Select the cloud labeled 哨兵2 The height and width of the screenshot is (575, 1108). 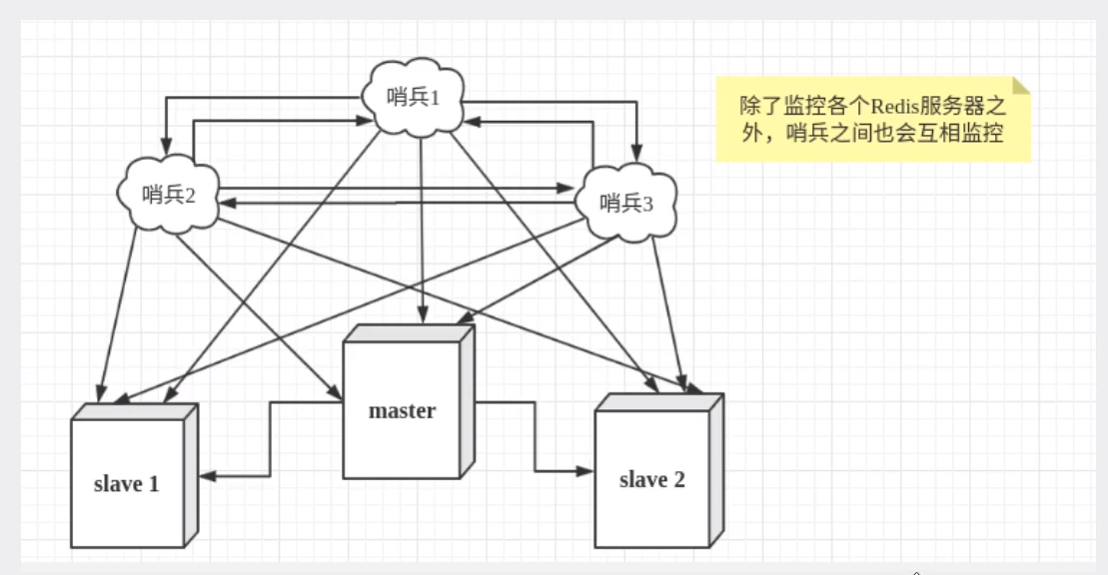[x=167, y=195]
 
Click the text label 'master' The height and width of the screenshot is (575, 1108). [x=402, y=410]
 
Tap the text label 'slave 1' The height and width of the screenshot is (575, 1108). [x=126, y=484]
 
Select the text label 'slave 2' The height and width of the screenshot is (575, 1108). [x=651, y=479]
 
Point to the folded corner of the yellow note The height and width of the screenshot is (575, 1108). [x=1020, y=86]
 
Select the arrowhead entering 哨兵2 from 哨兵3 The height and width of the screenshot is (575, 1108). [x=227, y=203]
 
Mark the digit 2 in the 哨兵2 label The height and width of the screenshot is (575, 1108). [x=187, y=195]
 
